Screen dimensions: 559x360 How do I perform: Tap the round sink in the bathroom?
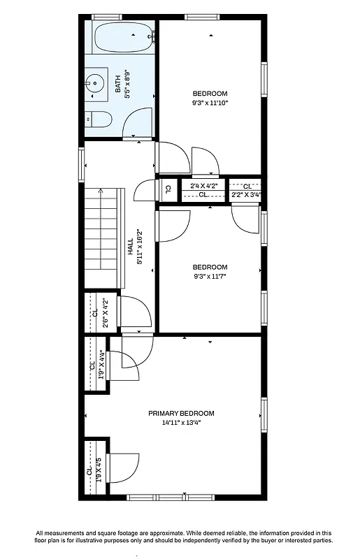94,83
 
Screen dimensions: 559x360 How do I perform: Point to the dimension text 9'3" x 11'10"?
210,103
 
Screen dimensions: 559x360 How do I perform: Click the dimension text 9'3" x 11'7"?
210,276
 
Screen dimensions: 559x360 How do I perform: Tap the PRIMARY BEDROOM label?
181,413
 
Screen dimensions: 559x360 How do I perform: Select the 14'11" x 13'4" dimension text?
181,422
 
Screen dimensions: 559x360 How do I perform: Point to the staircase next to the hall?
103,238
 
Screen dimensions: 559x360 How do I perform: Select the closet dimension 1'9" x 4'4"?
101,364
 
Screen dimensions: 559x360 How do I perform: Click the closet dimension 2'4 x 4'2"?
203,186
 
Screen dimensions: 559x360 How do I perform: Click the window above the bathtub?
106,17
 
